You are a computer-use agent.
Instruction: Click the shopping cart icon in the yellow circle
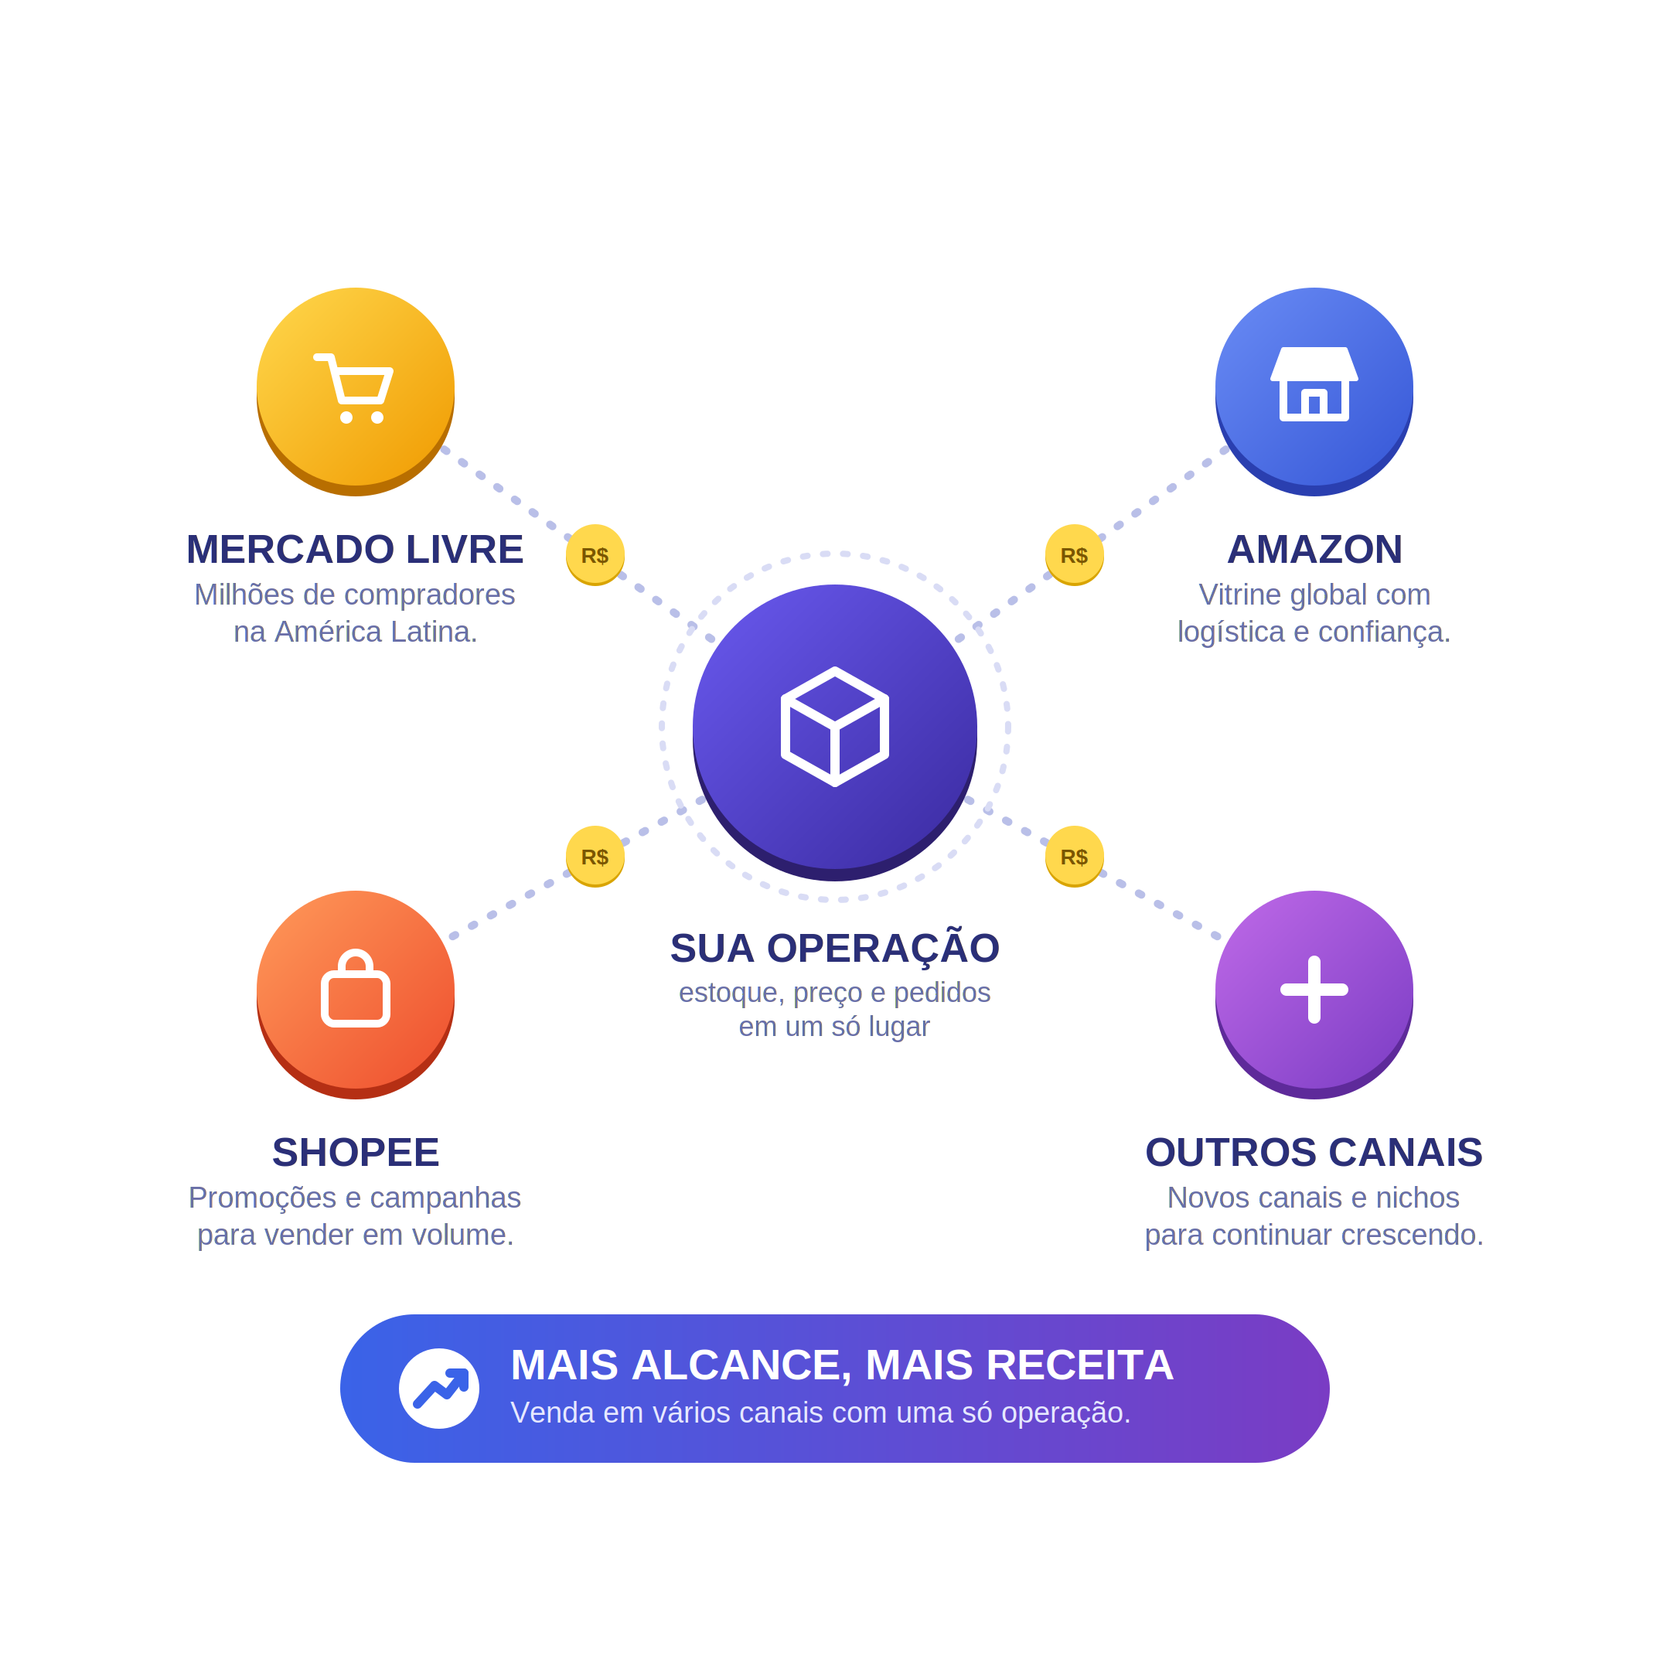tap(353, 388)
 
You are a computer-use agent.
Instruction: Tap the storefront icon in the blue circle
tap(1314, 383)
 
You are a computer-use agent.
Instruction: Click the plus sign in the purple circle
tap(1314, 990)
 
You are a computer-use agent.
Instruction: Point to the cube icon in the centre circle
tap(835, 727)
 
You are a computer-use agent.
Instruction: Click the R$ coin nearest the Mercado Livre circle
tap(595, 555)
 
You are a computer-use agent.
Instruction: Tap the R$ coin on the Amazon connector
tap(1075, 555)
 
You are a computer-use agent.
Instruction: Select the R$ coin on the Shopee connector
tap(595, 857)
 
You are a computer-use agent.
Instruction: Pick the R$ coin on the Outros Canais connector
tap(1075, 857)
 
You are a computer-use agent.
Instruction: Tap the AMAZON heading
tap(1314, 550)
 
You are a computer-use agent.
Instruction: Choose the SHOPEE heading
tap(356, 1152)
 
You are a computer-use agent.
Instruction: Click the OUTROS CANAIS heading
tap(1314, 1152)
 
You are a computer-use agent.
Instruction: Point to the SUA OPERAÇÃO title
tap(835, 948)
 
